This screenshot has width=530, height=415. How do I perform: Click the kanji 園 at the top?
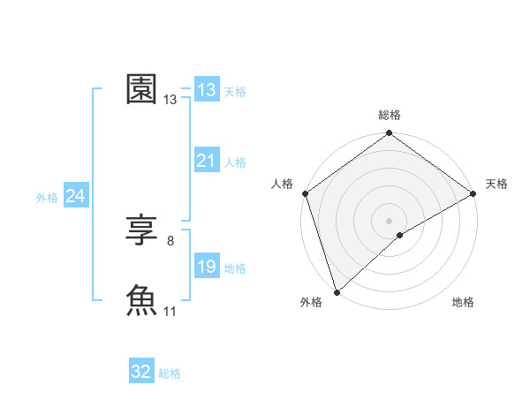(142, 89)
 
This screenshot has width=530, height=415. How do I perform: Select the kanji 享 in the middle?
(142, 232)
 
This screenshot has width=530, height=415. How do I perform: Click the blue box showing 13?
(207, 90)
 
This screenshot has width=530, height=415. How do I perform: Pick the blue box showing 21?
(207, 161)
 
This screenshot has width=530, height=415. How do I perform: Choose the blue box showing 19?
(207, 267)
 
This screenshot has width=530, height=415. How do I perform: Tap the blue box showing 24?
(76, 196)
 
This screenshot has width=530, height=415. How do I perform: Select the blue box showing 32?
(141, 372)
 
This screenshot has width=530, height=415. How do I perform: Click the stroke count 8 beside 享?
(170, 240)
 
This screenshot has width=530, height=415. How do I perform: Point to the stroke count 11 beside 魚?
(170, 311)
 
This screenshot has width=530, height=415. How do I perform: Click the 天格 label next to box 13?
(235, 91)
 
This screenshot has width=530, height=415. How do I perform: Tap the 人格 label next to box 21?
(235, 162)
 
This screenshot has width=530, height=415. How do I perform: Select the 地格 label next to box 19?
(235, 268)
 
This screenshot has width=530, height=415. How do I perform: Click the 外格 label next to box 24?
(47, 198)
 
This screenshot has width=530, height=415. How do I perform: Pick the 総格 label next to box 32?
(170, 373)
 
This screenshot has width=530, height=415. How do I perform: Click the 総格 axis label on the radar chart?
(390, 115)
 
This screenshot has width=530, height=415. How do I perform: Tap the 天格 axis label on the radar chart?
(496, 184)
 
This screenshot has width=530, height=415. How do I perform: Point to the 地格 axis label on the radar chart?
(463, 302)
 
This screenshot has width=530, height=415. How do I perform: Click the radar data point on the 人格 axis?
(305, 193)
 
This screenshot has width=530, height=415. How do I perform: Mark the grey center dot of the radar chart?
(389, 220)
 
